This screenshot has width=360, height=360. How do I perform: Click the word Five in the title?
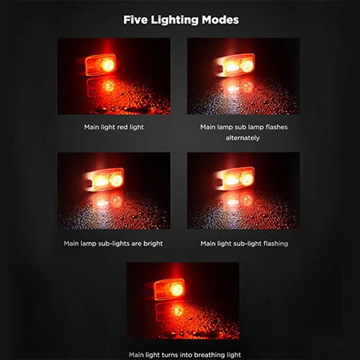[135, 19]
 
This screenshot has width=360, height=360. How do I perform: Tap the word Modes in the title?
[220, 19]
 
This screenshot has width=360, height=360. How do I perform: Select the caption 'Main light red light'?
[114, 127]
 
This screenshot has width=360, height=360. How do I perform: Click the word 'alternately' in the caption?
[243, 138]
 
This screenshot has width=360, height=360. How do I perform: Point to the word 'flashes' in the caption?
[276, 127]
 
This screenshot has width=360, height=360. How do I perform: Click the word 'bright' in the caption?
[153, 243]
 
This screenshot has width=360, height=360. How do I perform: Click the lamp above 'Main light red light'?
[101, 65]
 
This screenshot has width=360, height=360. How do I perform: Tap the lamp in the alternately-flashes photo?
[233, 65]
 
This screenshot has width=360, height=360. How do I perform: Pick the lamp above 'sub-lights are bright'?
[104, 179]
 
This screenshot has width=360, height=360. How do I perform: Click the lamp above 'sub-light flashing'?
[233, 179]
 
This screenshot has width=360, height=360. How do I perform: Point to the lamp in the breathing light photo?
[169, 289]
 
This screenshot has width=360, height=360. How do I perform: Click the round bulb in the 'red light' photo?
[108, 65]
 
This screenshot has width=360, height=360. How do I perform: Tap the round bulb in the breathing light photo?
[177, 289]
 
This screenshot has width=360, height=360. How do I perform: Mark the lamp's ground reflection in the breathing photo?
[170, 312]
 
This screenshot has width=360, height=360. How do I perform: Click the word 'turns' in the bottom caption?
[169, 355]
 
